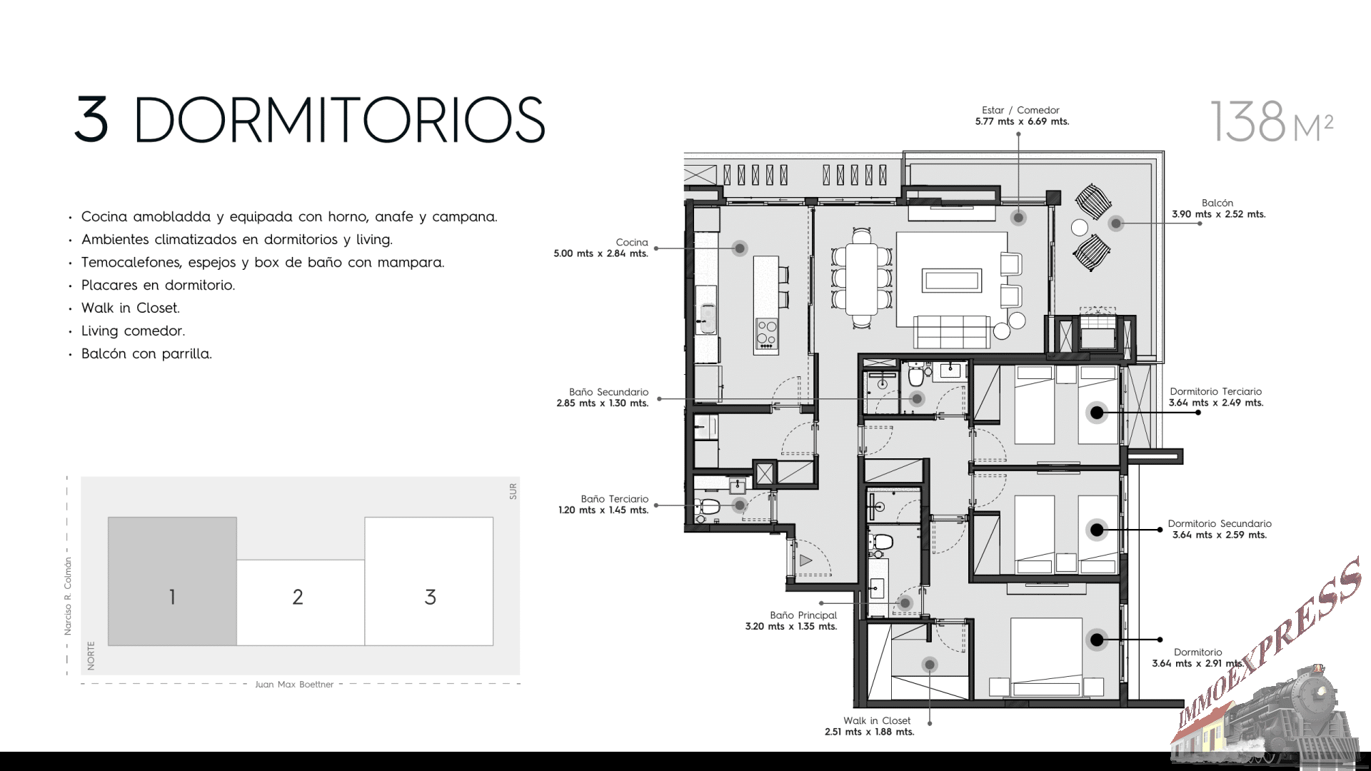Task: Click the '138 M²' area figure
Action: point(1272,122)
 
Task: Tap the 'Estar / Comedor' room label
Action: point(1020,110)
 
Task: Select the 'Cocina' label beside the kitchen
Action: point(632,242)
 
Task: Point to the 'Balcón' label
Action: point(1217,203)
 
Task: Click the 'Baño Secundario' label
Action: point(608,392)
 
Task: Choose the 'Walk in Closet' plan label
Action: point(877,720)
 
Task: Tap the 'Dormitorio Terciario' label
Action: point(1215,391)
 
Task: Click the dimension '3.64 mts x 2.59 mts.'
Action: point(1220,535)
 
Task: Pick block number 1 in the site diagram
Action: point(172,597)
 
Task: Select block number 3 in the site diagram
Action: point(430,597)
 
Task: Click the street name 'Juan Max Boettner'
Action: point(294,684)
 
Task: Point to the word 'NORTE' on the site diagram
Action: point(91,655)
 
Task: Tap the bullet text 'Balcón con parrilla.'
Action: point(146,353)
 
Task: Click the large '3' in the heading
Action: point(91,119)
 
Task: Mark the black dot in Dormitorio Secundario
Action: point(1097,530)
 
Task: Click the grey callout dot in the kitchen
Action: point(740,248)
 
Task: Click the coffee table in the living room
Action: point(950,280)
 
